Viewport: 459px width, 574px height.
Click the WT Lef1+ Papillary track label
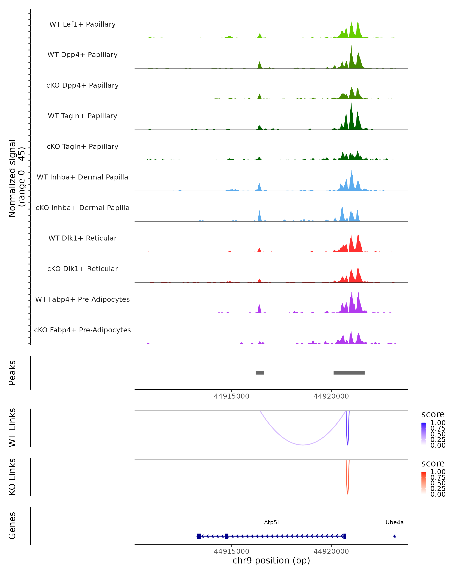82,24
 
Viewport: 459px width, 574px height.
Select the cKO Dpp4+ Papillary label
82,85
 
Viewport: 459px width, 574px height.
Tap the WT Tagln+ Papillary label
82,116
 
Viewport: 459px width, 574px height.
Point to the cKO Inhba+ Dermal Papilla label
82,208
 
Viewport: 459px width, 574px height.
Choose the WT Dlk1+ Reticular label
82,238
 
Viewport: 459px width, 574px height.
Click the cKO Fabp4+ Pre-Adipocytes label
82,330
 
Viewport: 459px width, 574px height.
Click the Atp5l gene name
271,522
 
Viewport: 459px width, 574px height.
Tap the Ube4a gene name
394,522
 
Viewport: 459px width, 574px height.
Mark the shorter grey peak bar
260,373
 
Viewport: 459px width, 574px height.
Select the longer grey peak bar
349,373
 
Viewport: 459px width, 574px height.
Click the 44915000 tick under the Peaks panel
231,396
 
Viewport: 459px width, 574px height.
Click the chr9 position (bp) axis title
271,560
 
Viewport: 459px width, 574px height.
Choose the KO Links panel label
12,477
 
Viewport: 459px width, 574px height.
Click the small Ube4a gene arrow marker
395,536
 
